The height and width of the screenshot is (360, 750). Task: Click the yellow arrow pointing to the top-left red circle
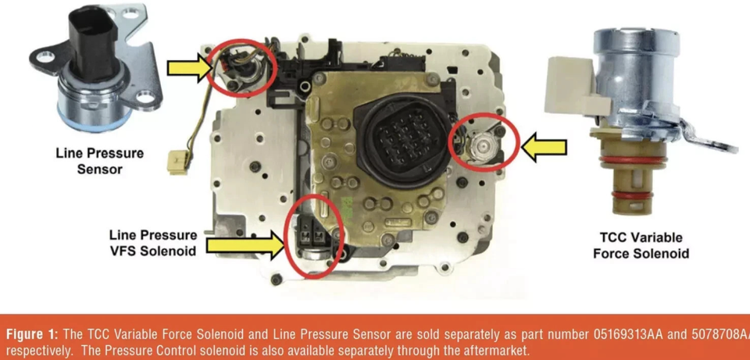click(190, 68)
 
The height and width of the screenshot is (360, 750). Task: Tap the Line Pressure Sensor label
click(99, 161)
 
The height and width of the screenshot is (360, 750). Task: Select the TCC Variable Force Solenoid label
click(641, 245)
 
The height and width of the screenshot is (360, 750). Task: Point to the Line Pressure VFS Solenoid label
click(153, 242)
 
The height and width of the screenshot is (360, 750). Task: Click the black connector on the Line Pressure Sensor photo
click(93, 41)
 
